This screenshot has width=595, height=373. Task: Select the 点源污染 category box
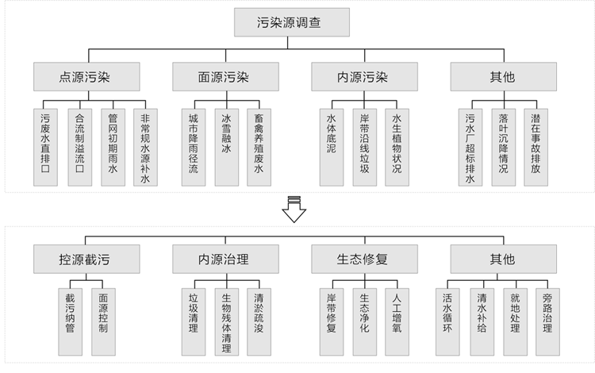click(88, 78)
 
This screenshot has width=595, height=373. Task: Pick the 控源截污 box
click(88, 260)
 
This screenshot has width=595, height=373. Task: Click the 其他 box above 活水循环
click(501, 260)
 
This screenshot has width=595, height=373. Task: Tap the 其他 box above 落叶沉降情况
click(501, 78)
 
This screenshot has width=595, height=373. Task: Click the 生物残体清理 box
click(226, 320)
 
